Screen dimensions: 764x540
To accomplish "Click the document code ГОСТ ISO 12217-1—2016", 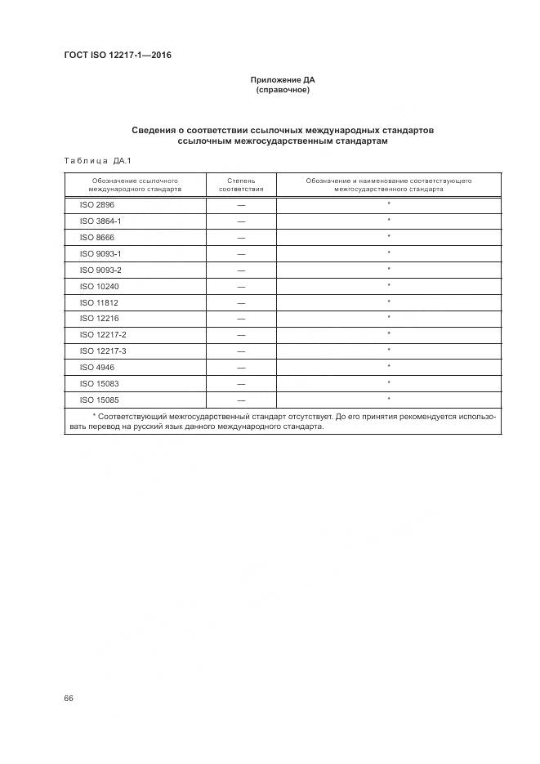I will [x=117, y=56].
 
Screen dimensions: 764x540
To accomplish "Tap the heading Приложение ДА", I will [x=283, y=80].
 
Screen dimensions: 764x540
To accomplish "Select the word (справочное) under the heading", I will [x=283, y=90].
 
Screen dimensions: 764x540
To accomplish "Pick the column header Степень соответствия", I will [x=241, y=184].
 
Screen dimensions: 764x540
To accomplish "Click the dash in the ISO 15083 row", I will [x=241, y=383].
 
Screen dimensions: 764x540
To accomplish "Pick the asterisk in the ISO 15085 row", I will [x=389, y=398].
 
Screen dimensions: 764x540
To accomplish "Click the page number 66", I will [x=69, y=699].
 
